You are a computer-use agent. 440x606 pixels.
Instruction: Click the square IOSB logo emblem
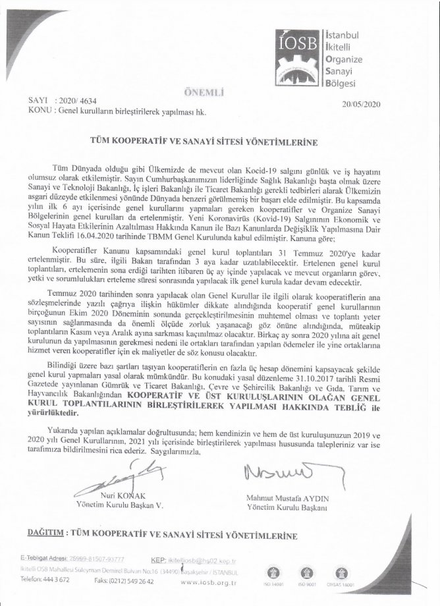(298, 50)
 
